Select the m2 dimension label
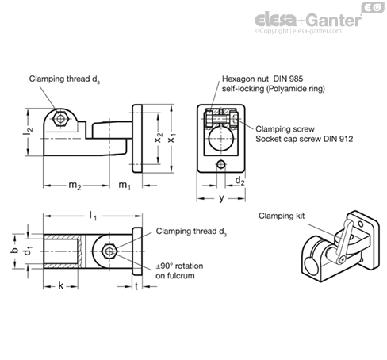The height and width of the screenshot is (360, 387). pos(75,186)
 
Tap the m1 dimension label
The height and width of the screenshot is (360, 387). pos(125,186)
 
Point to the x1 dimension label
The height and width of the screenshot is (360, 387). pos(172,138)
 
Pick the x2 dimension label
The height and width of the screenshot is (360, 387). pos(158,138)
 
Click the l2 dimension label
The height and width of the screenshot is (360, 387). pos(28,131)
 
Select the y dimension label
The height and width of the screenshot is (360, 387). pos(221,198)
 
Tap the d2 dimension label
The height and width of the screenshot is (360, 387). pos(239,182)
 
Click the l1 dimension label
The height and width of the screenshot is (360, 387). pos(93,216)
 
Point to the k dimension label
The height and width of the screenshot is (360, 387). pos(61,286)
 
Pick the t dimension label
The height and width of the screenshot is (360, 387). pos(136,286)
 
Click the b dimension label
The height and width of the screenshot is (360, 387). pos(15,250)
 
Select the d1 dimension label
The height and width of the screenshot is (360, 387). pos(28,251)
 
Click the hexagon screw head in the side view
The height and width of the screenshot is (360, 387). pos(61,119)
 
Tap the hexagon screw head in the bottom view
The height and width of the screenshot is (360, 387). pos(109,251)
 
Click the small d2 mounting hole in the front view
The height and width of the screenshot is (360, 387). pos(221,165)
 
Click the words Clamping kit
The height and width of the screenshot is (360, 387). pos(282,216)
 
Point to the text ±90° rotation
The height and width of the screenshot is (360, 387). pos(179,266)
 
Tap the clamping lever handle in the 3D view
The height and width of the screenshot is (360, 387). pos(343,240)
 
